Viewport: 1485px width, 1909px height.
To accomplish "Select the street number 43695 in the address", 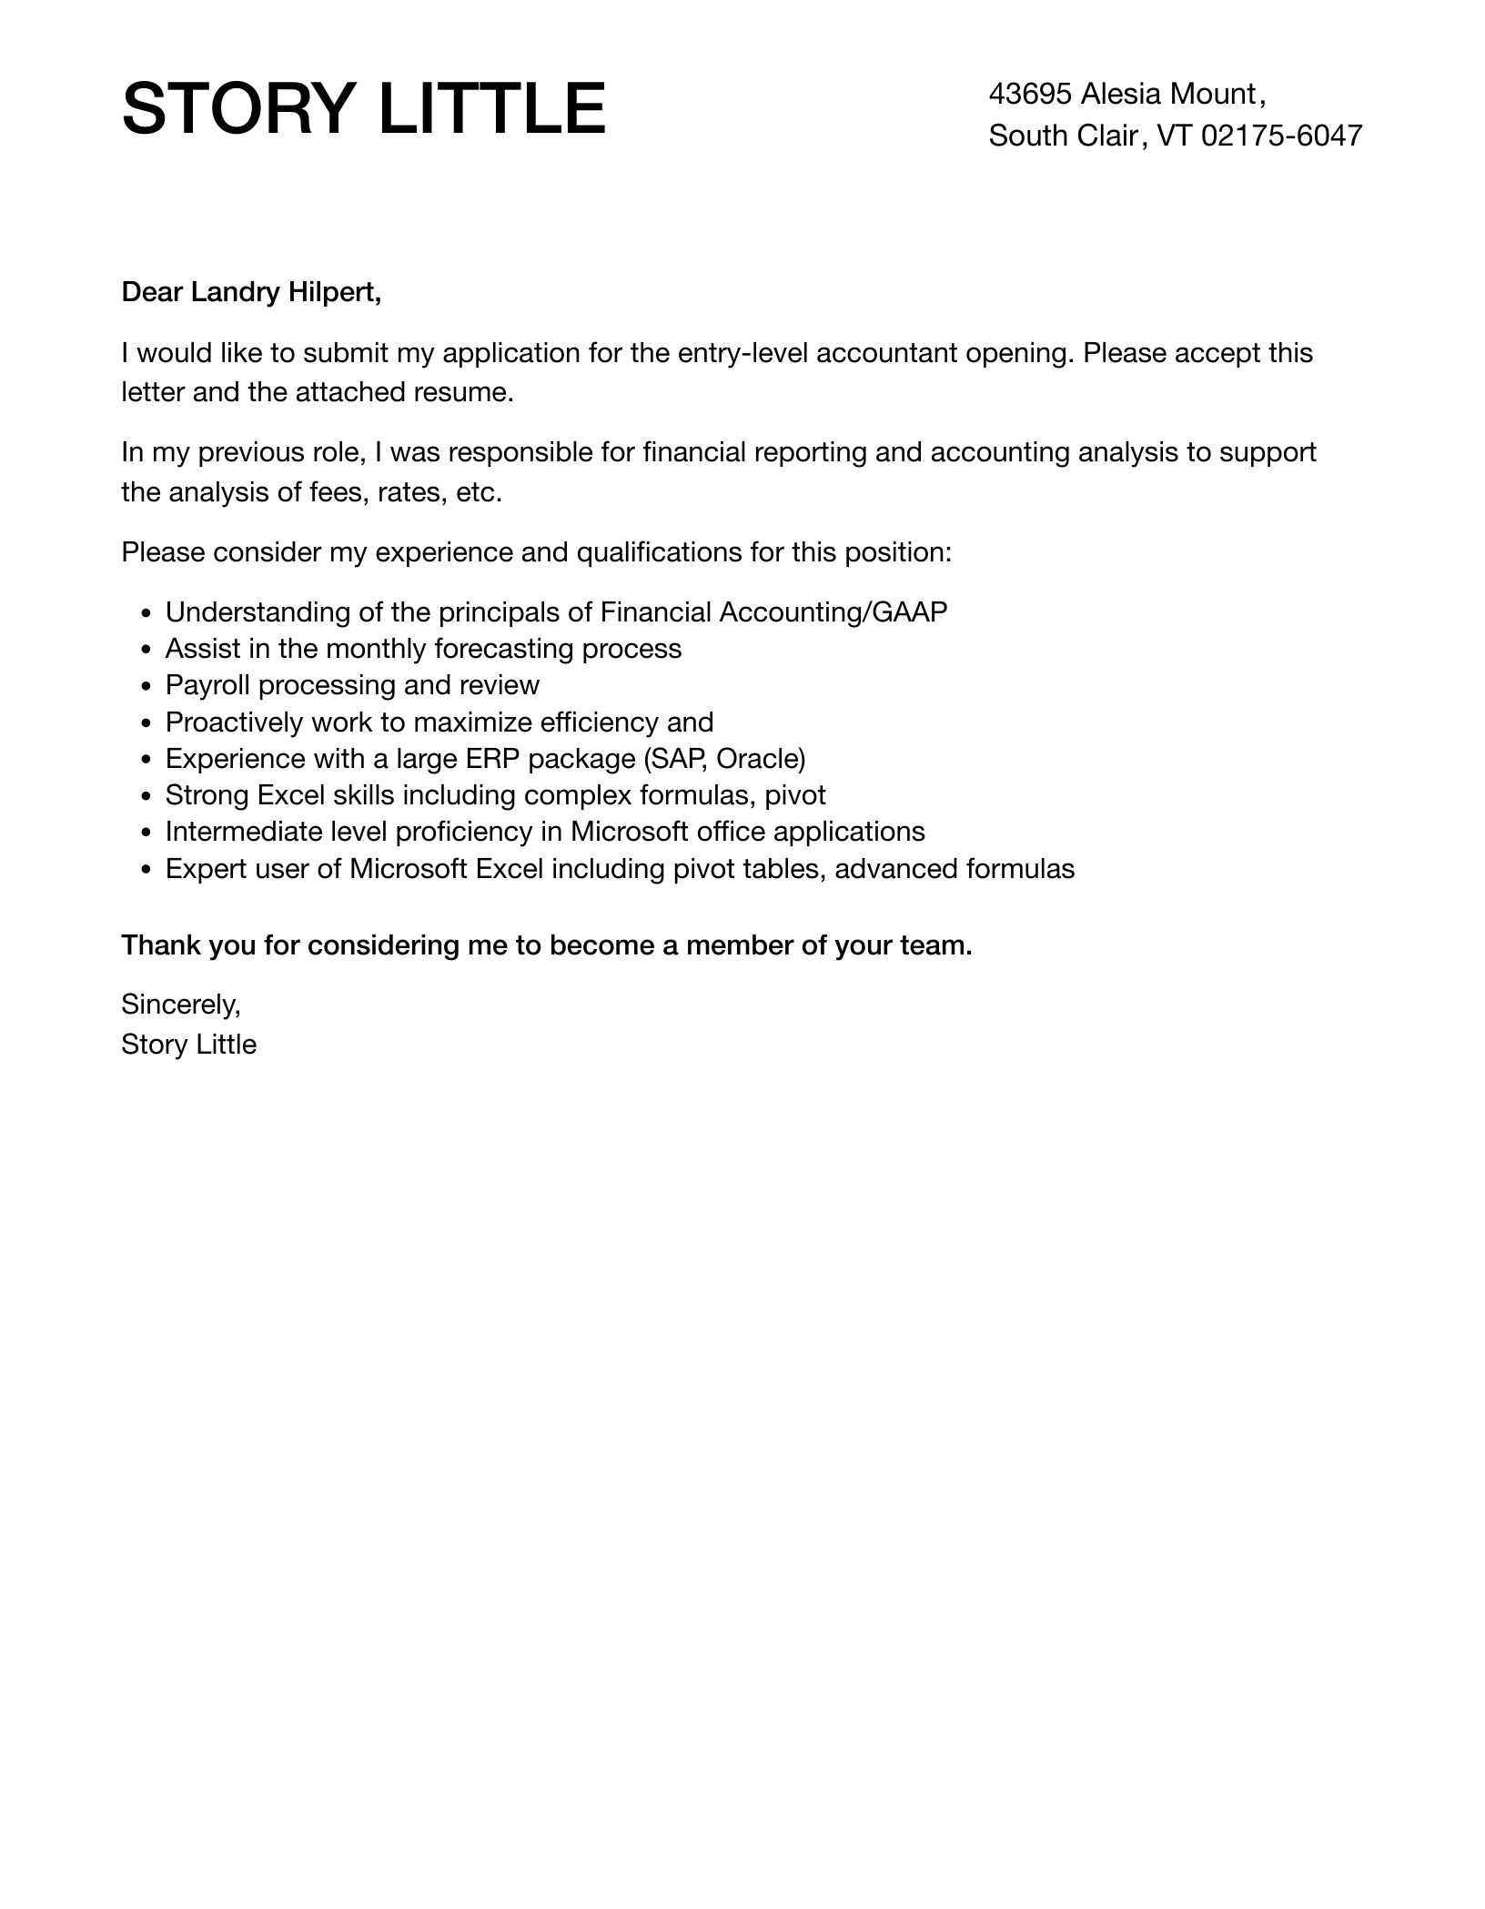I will (1030, 94).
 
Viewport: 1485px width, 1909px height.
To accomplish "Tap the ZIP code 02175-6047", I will (1281, 136).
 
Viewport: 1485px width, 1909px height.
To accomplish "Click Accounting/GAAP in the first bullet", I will (833, 612).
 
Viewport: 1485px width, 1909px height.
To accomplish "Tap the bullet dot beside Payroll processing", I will (147, 686).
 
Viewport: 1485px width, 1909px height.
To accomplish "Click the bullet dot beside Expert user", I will (147, 870).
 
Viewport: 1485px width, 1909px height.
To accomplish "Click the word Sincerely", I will (180, 1005).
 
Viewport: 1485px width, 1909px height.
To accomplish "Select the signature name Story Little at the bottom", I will (188, 1045).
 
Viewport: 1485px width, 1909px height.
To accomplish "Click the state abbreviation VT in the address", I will (1174, 136).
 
